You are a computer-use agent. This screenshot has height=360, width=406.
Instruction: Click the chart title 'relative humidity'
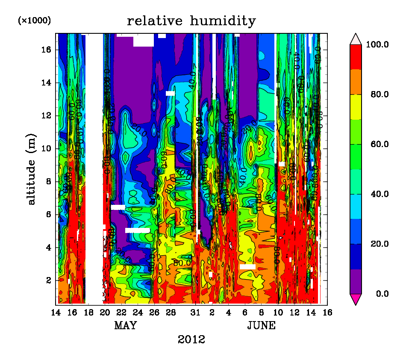click(x=191, y=21)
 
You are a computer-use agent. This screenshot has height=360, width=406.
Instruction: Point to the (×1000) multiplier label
click(x=34, y=20)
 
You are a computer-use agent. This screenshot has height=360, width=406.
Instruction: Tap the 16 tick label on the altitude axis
click(x=47, y=50)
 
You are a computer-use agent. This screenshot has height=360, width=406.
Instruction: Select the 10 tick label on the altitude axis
click(x=47, y=148)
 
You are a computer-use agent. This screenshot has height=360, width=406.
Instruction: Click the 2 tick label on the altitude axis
click(x=48, y=280)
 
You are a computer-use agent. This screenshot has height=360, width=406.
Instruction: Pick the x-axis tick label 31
click(x=195, y=312)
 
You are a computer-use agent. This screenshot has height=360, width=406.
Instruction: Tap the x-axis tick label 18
click(x=88, y=312)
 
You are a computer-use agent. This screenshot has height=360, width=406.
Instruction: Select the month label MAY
click(x=125, y=326)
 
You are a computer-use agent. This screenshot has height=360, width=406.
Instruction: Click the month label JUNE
click(x=262, y=326)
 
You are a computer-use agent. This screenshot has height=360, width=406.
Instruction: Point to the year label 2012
click(x=191, y=340)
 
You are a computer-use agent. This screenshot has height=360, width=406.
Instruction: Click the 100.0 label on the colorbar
click(x=379, y=44)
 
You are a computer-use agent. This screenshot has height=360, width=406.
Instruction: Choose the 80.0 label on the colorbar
click(x=380, y=94)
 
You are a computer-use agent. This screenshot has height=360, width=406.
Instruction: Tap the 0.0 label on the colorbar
click(x=382, y=294)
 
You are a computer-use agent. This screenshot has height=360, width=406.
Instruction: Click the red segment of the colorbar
click(x=356, y=57)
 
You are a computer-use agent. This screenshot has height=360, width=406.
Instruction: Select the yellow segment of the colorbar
click(x=356, y=107)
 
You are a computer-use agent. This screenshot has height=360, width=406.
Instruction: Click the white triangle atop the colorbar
click(x=356, y=39)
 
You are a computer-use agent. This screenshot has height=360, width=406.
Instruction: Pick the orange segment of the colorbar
click(x=356, y=82)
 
